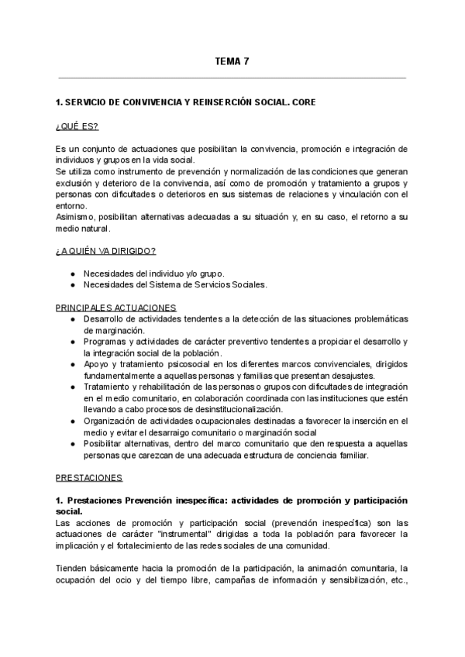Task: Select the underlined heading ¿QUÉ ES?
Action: (77, 126)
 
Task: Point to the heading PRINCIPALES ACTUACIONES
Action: (115, 308)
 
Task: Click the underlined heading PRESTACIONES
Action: (88, 478)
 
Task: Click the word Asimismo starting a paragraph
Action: (76, 218)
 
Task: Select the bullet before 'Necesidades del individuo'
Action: (72, 273)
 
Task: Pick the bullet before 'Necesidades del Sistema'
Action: (72, 284)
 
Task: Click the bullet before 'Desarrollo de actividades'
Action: (72, 319)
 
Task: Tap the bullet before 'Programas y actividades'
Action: (72, 342)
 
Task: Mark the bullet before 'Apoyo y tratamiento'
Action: (72, 364)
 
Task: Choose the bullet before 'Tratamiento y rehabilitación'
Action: (72, 387)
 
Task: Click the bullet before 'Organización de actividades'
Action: (72, 421)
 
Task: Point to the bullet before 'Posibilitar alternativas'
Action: (72, 443)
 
